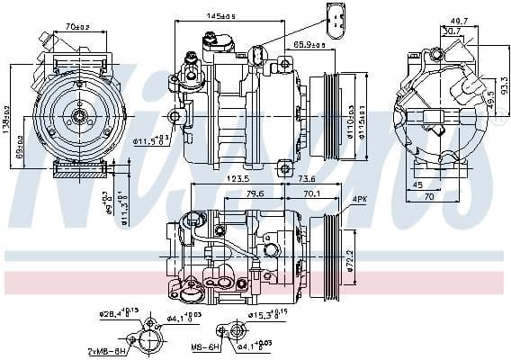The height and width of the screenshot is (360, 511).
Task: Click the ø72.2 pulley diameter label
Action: [352, 257]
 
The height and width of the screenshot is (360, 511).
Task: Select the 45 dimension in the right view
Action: [417, 185]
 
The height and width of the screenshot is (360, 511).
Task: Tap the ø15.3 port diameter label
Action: [264, 313]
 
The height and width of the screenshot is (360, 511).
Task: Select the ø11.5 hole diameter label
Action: [150, 140]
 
